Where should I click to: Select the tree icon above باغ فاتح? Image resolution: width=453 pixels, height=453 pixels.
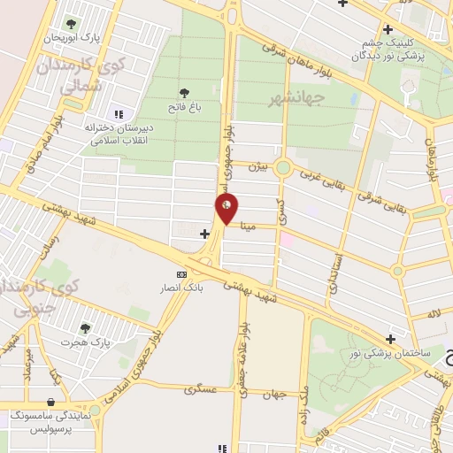184,92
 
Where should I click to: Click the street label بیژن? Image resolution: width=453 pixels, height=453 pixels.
257,165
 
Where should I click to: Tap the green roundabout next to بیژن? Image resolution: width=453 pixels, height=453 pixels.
283,167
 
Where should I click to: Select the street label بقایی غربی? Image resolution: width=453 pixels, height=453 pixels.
326,177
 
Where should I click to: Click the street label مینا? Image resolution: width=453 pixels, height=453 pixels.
250,226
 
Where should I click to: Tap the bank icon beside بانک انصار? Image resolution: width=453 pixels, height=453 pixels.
182,274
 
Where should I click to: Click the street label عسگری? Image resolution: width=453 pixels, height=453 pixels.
200,388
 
